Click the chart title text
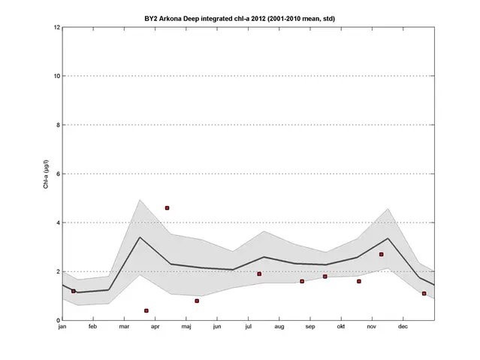coord(240,18)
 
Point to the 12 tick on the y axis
coord(56,28)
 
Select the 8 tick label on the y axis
coord(57,125)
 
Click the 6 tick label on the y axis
coord(57,174)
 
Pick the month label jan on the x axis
coord(62,328)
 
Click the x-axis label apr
coord(155,328)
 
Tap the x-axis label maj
coord(186,328)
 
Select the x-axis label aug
coord(279,328)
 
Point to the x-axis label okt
coord(340,328)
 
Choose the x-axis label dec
coord(403,328)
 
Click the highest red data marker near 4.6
coord(168,207)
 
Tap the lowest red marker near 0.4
coord(146,310)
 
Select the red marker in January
coord(74,291)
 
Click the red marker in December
coord(424,293)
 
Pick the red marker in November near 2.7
coord(382,254)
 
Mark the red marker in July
coord(259,274)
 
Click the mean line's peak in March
coord(140,237)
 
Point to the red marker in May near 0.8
coord(197,301)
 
